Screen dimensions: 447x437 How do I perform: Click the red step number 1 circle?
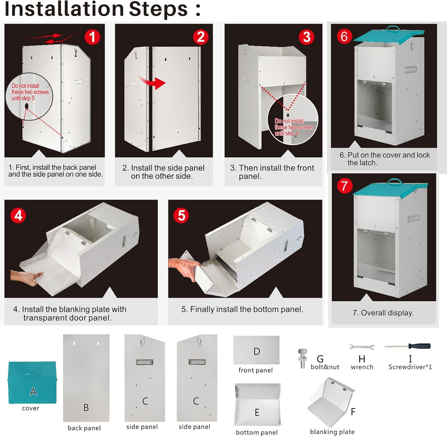(92, 37)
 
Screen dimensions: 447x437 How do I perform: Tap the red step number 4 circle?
(18, 216)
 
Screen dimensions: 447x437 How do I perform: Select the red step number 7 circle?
(345, 186)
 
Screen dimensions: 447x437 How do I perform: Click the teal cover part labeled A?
(33, 382)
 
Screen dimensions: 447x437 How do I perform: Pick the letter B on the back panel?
(86, 408)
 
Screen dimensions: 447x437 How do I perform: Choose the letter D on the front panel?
(257, 351)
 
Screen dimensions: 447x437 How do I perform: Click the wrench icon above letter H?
(362, 347)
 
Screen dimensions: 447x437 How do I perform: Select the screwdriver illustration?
(407, 346)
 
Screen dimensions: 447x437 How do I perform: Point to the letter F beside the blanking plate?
(353, 412)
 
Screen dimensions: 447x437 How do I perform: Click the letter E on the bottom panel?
(257, 412)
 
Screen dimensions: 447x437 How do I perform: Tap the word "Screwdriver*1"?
(410, 367)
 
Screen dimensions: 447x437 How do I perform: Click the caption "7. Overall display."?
(383, 313)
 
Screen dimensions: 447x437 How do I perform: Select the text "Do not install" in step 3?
(289, 121)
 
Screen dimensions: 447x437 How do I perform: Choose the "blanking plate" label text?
(332, 432)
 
